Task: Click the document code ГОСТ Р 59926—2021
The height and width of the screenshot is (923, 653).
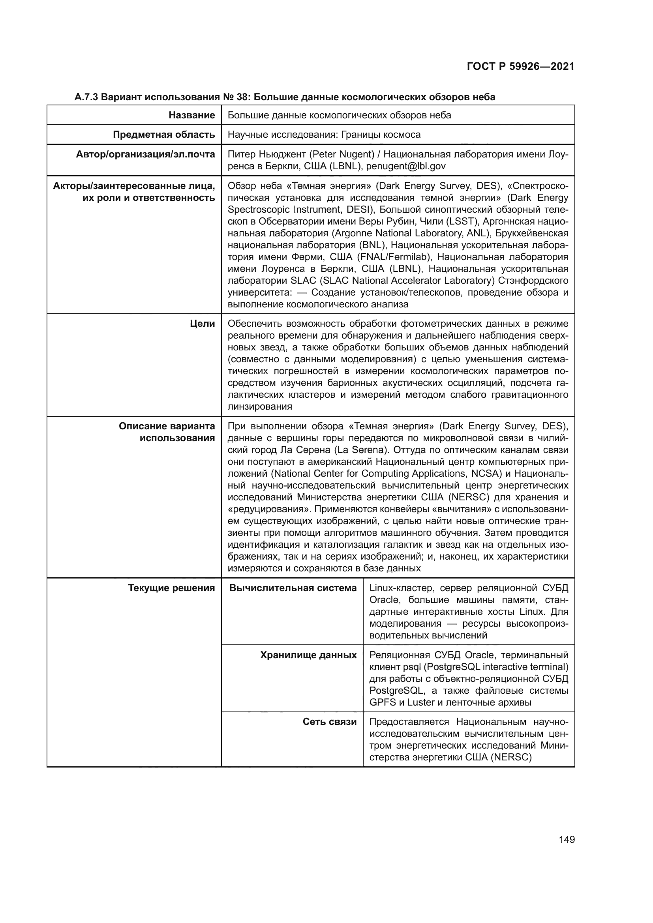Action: [x=520, y=66]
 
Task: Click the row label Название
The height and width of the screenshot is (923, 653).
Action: [x=192, y=115]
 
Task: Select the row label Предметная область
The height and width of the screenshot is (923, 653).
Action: [x=164, y=135]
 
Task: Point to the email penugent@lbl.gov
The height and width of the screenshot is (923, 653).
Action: [x=406, y=167]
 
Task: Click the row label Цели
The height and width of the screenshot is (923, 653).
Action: [x=203, y=324]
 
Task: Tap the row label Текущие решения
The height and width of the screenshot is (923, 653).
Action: [x=171, y=588]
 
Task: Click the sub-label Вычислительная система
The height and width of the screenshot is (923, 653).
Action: [x=293, y=588]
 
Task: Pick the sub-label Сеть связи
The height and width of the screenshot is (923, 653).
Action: [x=329, y=722]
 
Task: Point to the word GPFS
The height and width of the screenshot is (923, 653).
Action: [x=383, y=703]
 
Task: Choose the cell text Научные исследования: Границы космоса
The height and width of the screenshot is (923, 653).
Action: [x=324, y=135]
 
